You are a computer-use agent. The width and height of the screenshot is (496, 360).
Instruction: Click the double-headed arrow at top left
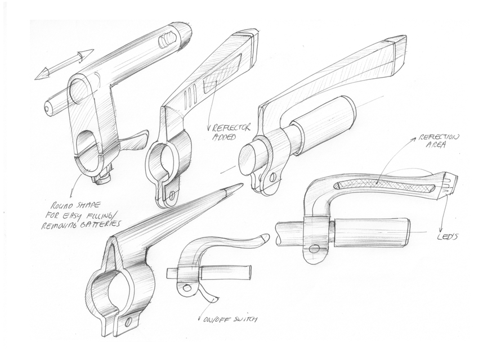64,65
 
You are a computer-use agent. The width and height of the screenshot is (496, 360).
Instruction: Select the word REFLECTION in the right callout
439,137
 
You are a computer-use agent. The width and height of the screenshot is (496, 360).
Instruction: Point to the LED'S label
449,237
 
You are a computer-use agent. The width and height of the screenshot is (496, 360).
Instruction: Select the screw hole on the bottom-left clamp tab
128,322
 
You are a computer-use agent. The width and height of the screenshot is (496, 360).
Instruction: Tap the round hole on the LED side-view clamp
314,248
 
